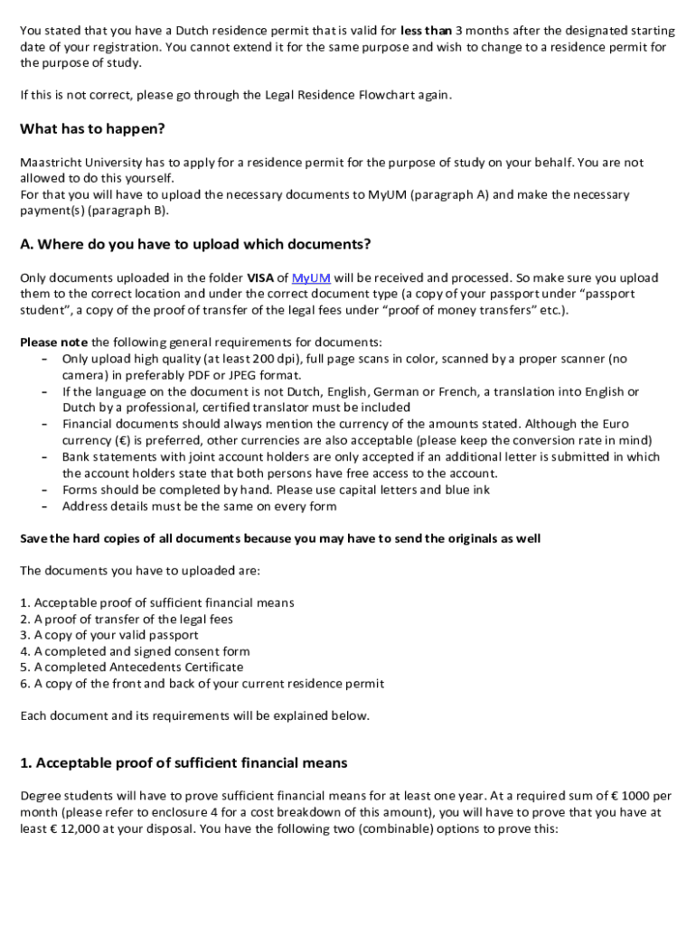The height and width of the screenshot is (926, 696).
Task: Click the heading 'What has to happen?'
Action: click(92, 129)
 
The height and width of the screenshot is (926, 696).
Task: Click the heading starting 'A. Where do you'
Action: click(195, 245)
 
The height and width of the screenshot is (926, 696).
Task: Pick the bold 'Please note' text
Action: click(53, 343)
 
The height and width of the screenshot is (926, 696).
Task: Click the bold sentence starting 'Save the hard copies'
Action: click(280, 539)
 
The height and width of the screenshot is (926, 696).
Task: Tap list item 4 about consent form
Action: click(135, 651)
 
